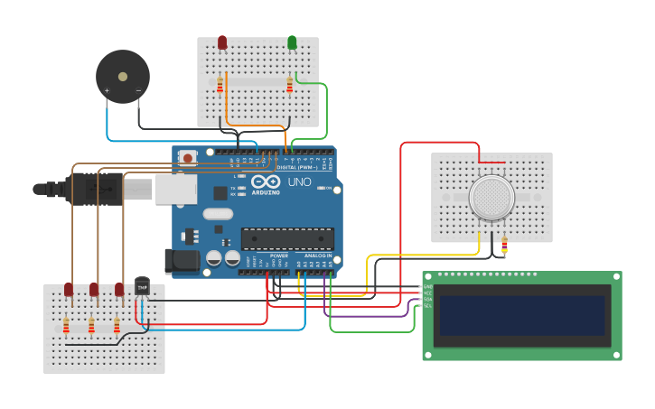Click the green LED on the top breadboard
292,42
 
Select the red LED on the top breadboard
222,42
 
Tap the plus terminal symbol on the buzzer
107,90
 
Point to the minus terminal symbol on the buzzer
138,90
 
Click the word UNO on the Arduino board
299,182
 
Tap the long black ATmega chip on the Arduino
287,238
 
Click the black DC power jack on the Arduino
182,261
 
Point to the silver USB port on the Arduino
175,189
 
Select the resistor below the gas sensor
504,245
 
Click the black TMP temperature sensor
142,285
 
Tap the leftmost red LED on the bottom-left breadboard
69,289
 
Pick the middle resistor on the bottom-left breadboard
91,325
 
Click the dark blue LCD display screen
519,315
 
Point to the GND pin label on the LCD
427,287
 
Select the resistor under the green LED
289,85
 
